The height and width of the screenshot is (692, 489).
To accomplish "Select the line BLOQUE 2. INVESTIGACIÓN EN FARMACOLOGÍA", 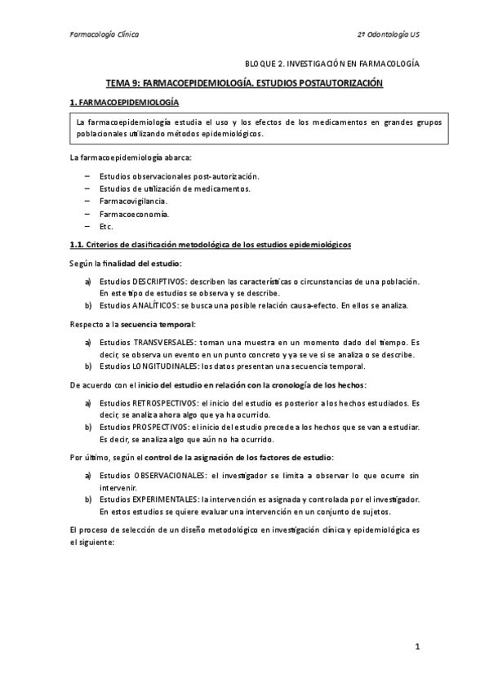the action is [x=332, y=62].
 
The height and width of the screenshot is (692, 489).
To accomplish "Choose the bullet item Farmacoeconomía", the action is [x=134, y=213].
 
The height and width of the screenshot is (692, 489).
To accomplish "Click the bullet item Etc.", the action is [x=106, y=226].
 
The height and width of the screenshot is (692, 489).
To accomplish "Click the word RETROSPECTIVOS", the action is [x=159, y=403].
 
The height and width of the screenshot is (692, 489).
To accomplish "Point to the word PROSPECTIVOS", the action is [x=154, y=427].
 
